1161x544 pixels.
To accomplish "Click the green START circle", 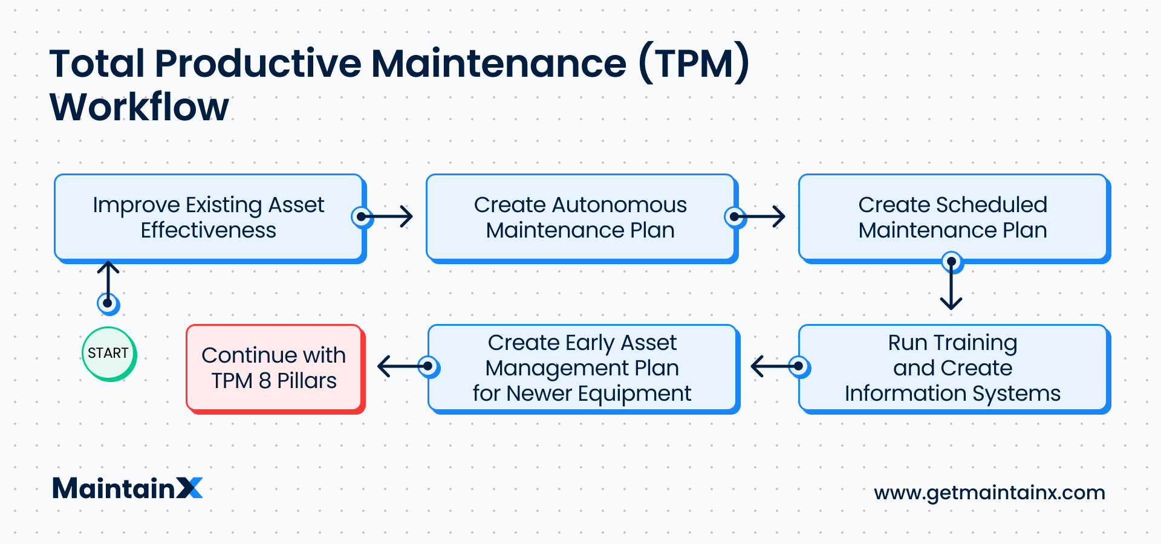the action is tap(109, 354).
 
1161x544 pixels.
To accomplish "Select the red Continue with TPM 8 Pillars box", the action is tap(276, 369).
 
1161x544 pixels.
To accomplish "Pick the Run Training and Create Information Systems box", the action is tap(955, 369).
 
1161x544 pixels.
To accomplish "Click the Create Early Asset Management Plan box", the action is tap(584, 369).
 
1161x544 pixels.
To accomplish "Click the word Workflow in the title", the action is tap(139, 107).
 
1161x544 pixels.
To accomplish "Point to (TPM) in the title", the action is tap(694, 63).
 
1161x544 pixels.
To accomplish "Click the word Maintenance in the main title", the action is tap(499, 63).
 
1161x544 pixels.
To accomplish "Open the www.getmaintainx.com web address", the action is tap(989, 493).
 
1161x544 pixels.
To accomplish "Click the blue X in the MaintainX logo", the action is tap(190, 488).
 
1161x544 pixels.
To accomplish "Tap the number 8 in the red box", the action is tap(265, 381).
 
